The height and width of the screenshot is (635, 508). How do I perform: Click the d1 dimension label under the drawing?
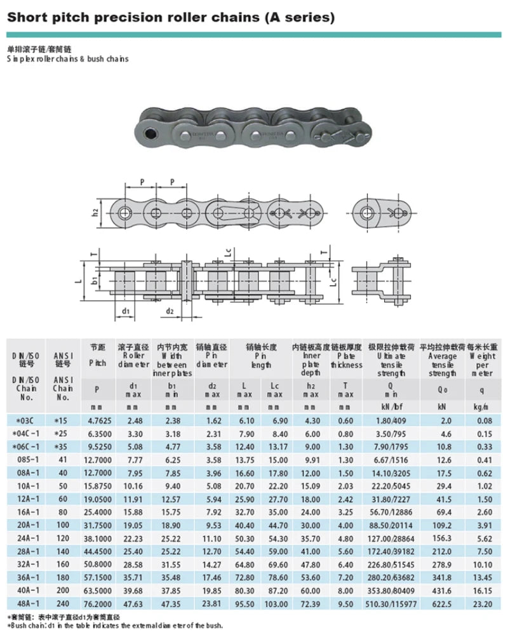click(x=126, y=311)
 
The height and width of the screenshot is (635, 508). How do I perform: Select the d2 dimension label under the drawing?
click(x=170, y=311)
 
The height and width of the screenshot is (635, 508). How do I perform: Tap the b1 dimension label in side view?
click(x=94, y=279)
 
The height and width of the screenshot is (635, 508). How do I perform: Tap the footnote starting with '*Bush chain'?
click(x=114, y=625)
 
